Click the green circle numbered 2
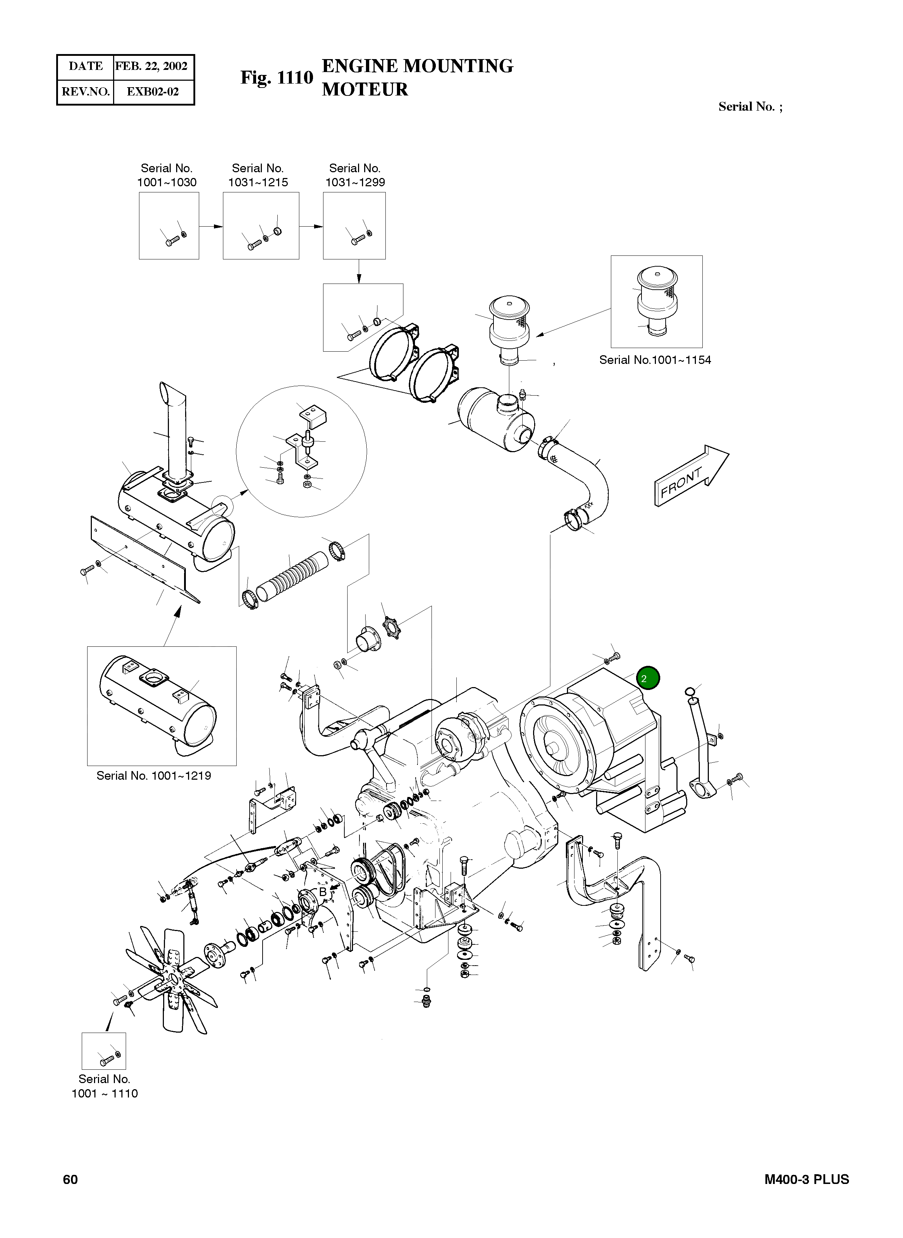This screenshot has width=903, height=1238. pyautogui.click(x=648, y=678)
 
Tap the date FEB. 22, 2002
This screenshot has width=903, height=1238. pyautogui.click(x=151, y=66)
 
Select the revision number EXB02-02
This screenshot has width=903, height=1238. pyautogui.click(x=152, y=91)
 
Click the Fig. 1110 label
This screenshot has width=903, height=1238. pyautogui.click(x=277, y=78)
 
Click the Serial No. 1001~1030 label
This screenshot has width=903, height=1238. pyautogui.click(x=167, y=175)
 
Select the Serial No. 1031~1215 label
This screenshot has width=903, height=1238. pyautogui.click(x=258, y=175)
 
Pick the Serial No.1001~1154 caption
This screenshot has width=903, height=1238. pyautogui.click(x=655, y=360)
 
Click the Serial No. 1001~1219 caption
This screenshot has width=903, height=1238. pyautogui.click(x=153, y=775)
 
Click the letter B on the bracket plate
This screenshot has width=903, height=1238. pyautogui.click(x=322, y=892)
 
